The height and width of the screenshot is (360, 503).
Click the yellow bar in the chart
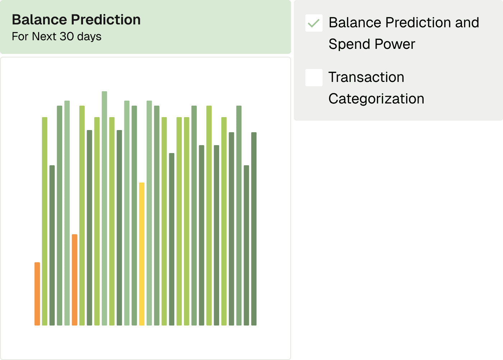[x=142, y=254]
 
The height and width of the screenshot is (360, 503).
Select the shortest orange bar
[x=37, y=294]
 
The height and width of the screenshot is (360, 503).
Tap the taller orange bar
[x=75, y=280]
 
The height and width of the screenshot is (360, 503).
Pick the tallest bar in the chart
[x=105, y=208]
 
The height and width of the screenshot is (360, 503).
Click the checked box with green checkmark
[x=314, y=23]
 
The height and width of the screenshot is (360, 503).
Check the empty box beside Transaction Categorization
[x=314, y=78]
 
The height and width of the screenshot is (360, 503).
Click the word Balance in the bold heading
[x=40, y=19]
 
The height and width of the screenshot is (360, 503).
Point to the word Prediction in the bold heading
[x=106, y=19]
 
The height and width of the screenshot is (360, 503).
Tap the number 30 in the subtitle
[x=67, y=36]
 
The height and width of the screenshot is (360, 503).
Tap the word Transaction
[x=366, y=77]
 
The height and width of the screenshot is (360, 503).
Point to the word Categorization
[x=377, y=99]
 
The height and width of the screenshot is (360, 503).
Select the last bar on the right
[x=254, y=229]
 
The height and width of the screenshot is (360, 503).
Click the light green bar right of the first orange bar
[x=45, y=221]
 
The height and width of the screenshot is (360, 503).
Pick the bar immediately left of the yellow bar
[x=134, y=216]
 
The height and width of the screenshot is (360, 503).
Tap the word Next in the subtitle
[x=44, y=36]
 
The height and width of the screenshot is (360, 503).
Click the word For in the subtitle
[x=20, y=36]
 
